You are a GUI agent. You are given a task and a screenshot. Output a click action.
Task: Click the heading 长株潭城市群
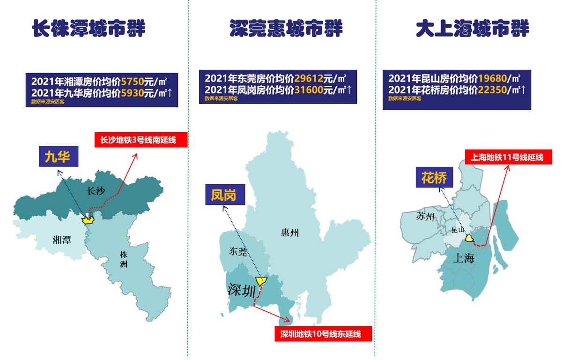click(x=89, y=29)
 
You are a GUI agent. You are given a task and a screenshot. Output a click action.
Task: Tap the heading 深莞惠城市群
click(x=286, y=29)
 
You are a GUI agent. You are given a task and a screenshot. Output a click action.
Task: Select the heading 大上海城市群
click(x=473, y=29)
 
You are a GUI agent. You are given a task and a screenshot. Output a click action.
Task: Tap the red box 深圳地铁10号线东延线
click(x=323, y=334)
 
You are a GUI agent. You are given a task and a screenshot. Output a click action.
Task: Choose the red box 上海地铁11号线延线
click(x=508, y=157)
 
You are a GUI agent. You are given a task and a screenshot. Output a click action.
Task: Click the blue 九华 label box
click(x=57, y=157)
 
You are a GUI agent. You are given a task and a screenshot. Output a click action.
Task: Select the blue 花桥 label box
click(x=434, y=177)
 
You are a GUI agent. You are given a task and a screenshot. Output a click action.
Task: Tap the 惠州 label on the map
click(x=290, y=232)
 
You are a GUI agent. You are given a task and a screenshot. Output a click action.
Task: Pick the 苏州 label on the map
click(x=426, y=217)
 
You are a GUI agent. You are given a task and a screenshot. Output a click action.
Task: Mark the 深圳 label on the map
click(x=242, y=289)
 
